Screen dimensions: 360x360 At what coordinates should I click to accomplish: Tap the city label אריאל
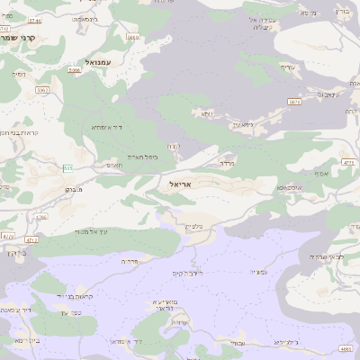181,184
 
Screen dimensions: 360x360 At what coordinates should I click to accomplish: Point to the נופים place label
19,75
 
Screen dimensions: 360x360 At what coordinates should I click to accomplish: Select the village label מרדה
227,164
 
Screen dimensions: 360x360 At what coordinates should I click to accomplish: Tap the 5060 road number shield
133,38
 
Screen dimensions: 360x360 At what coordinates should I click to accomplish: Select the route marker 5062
41,90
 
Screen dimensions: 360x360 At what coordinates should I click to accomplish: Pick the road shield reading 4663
346,347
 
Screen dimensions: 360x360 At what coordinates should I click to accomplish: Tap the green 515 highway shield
67,168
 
